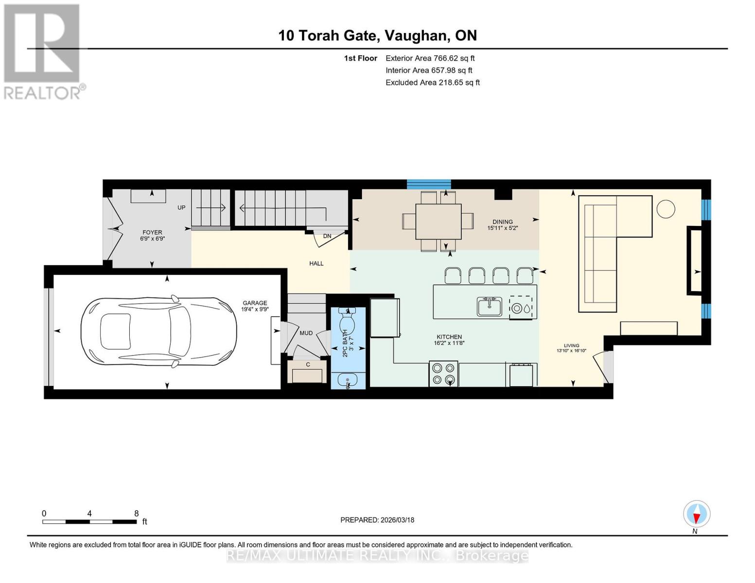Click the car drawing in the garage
click(x=158, y=331)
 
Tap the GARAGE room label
click(x=255, y=303)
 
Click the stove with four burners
click(x=443, y=374)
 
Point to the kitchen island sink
click(x=489, y=307)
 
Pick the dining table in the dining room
click(x=438, y=221)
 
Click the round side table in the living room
click(x=666, y=209)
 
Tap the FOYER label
click(x=152, y=232)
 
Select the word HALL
click(x=316, y=263)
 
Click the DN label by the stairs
click(x=327, y=236)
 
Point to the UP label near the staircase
click(x=181, y=207)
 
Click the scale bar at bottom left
click(x=89, y=522)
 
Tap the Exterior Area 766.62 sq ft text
click(x=430, y=58)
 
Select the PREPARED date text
click(x=377, y=520)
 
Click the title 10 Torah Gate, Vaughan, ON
click(x=377, y=35)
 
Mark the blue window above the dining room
click(x=429, y=184)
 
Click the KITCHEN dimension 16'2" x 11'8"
click(x=449, y=343)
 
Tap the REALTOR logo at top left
click(x=42, y=51)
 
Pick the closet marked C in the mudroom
click(x=307, y=373)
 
